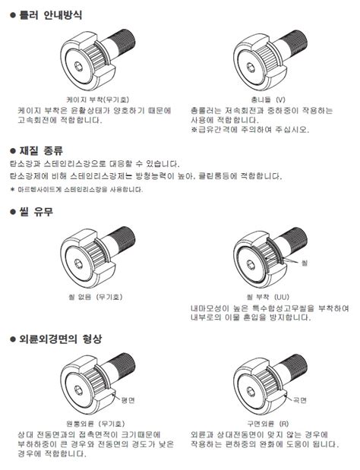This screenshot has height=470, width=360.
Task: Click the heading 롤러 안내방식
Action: [x=51, y=15]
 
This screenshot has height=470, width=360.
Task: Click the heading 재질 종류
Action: [x=41, y=150]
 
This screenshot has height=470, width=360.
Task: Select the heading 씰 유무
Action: [x=36, y=212]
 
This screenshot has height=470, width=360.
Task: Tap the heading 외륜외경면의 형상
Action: [x=61, y=339]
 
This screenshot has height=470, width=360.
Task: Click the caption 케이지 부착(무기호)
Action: [x=98, y=99]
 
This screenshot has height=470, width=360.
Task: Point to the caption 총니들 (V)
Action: [x=268, y=99]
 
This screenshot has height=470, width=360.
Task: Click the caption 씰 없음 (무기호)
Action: [x=96, y=297]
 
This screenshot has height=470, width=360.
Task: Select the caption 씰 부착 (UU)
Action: [x=268, y=297]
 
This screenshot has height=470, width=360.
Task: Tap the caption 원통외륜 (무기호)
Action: [x=96, y=424]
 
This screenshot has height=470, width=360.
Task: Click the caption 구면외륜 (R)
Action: [x=268, y=424]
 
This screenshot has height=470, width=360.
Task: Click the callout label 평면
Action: [x=128, y=400]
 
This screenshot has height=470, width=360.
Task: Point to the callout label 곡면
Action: [x=300, y=400]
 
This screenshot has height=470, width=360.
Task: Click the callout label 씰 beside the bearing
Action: [x=305, y=263]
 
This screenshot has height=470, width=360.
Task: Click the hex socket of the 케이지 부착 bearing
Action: [x=79, y=66]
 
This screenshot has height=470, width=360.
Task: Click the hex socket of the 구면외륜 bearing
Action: [x=251, y=392]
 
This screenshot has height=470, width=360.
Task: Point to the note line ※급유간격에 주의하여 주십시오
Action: [x=250, y=130]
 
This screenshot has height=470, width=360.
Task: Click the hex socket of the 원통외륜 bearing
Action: [x=78, y=390]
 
